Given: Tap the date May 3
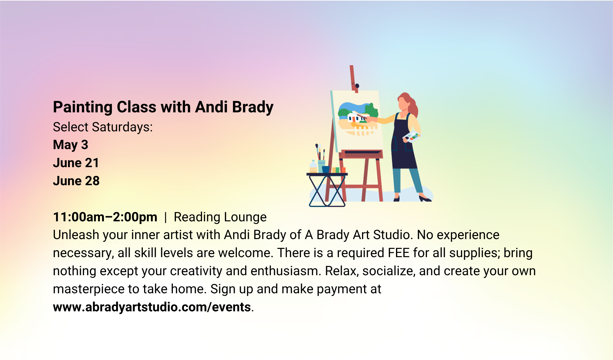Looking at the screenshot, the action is pyautogui.click(x=70, y=145).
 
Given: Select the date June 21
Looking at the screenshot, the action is pyautogui.click(x=76, y=163).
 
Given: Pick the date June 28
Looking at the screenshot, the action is pyautogui.click(x=76, y=181).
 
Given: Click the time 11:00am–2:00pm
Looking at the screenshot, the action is pyautogui.click(x=105, y=217).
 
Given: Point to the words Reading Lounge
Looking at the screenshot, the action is pyautogui.click(x=220, y=217).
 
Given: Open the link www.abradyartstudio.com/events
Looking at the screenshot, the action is pyautogui.click(x=152, y=307).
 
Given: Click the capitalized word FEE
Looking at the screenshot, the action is pyautogui.click(x=399, y=253).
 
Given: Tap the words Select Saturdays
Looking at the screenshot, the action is pyautogui.click(x=103, y=127).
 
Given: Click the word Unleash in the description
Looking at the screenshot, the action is pyautogui.click(x=76, y=235).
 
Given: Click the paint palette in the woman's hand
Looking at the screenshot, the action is pyautogui.click(x=411, y=137).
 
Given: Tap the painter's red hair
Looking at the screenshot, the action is pyautogui.click(x=411, y=106).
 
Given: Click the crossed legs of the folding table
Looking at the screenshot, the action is pyautogui.click(x=327, y=191).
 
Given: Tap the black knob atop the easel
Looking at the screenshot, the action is pyautogui.click(x=357, y=86).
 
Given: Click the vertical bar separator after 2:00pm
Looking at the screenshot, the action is pyautogui.click(x=166, y=217).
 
